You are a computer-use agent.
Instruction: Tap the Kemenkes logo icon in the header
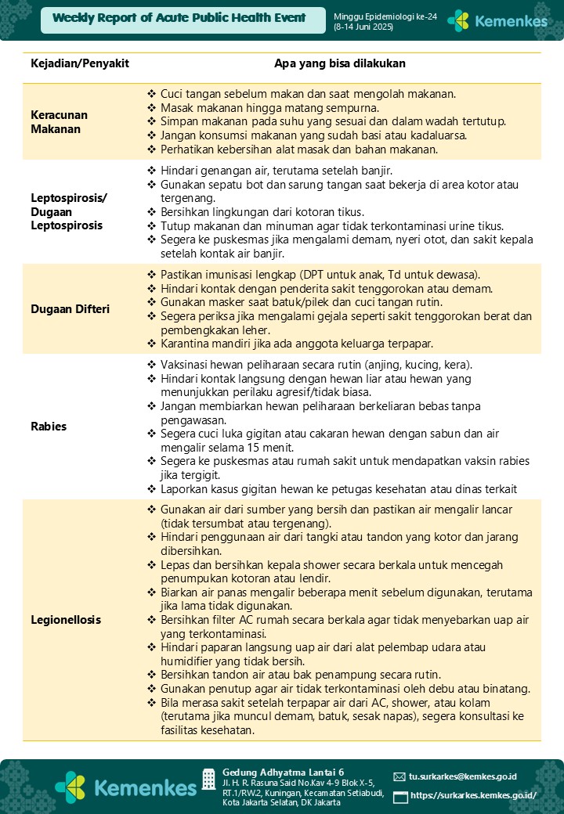click(457, 21)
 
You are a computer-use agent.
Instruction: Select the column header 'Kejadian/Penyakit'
click(80, 63)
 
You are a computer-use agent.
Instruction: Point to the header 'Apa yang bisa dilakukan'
click(340, 63)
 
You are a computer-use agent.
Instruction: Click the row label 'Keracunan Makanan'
click(60, 122)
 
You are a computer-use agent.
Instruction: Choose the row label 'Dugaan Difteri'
click(70, 309)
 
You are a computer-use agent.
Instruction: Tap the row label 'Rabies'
click(49, 427)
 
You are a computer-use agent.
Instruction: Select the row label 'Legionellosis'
click(66, 620)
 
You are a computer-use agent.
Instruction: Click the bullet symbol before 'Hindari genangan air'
click(152, 170)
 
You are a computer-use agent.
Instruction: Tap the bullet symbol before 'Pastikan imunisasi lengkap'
click(152, 275)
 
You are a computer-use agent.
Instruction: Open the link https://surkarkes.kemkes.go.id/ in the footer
click(473, 796)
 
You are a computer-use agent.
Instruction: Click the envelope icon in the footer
click(399, 777)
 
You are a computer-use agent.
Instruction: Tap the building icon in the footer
click(208, 779)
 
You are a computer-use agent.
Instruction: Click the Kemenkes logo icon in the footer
click(70, 787)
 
